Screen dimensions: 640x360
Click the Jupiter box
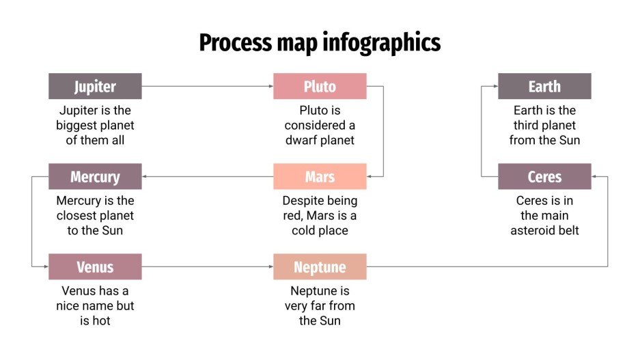tap(95, 87)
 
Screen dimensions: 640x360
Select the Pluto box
tap(320, 87)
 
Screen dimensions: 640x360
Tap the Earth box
tap(544, 87)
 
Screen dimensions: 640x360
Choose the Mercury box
tap(95, 177)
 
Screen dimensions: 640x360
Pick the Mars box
tap(320, 177)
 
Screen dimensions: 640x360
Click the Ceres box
tap(544, 177)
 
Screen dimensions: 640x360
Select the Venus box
tap(95, 266)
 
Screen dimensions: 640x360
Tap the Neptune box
tap(320, 266)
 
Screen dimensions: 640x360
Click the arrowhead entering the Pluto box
tap(270, 87)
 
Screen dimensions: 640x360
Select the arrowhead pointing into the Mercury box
tap(145, 177)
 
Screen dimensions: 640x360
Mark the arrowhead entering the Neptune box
tap(270, 266)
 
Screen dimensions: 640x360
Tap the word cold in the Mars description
tap(296, 230)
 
